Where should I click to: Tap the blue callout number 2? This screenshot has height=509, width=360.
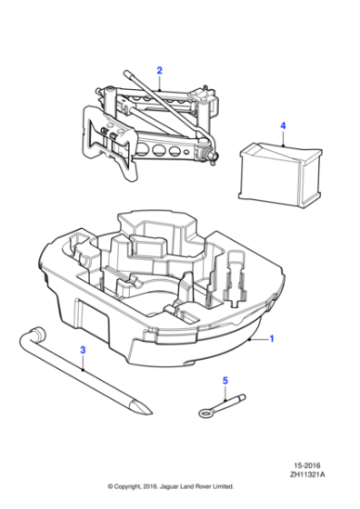click(x=158, y=70)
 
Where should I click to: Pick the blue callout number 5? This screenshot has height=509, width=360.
click(x=226, y=382)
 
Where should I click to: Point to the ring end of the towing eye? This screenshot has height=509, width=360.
click(x=205, y=412)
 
